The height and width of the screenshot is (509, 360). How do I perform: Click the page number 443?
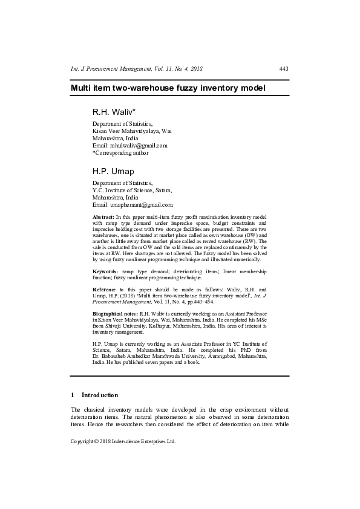point(283,69)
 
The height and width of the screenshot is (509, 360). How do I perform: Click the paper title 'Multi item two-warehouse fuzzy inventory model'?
point(168,88)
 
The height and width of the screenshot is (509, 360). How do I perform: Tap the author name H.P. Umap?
point(113,172)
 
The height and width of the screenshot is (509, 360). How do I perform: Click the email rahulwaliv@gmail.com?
point(139,146)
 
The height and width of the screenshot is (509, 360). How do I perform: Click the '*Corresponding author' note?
point(120,153)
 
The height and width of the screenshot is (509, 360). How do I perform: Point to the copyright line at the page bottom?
point(123,442)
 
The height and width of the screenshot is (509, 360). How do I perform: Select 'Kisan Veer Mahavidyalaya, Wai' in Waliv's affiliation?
point(132,131)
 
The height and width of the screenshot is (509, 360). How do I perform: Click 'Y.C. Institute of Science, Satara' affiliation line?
point(132,190)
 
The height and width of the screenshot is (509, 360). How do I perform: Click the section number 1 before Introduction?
point(73,395)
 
